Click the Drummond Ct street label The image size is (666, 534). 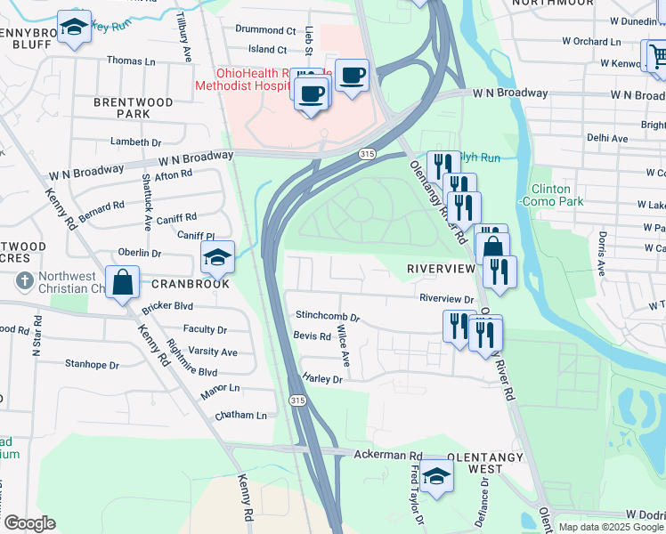(x=265, y=29)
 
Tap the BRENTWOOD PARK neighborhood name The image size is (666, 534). (x=134, y=109)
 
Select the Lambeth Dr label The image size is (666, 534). (x=135, y=142)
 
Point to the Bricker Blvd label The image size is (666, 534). (x=167, y=306)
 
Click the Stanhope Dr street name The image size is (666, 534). (x=92, y=365)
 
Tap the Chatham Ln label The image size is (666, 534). (x=240, y=416)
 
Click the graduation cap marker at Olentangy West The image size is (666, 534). (x=436, y=477)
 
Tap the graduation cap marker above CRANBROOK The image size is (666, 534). (x=217, y=258)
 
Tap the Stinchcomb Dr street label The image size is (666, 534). (x=328, y=317)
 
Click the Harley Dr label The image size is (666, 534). (x=322, y=379)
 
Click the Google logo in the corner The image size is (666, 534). (x=29, y=523)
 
